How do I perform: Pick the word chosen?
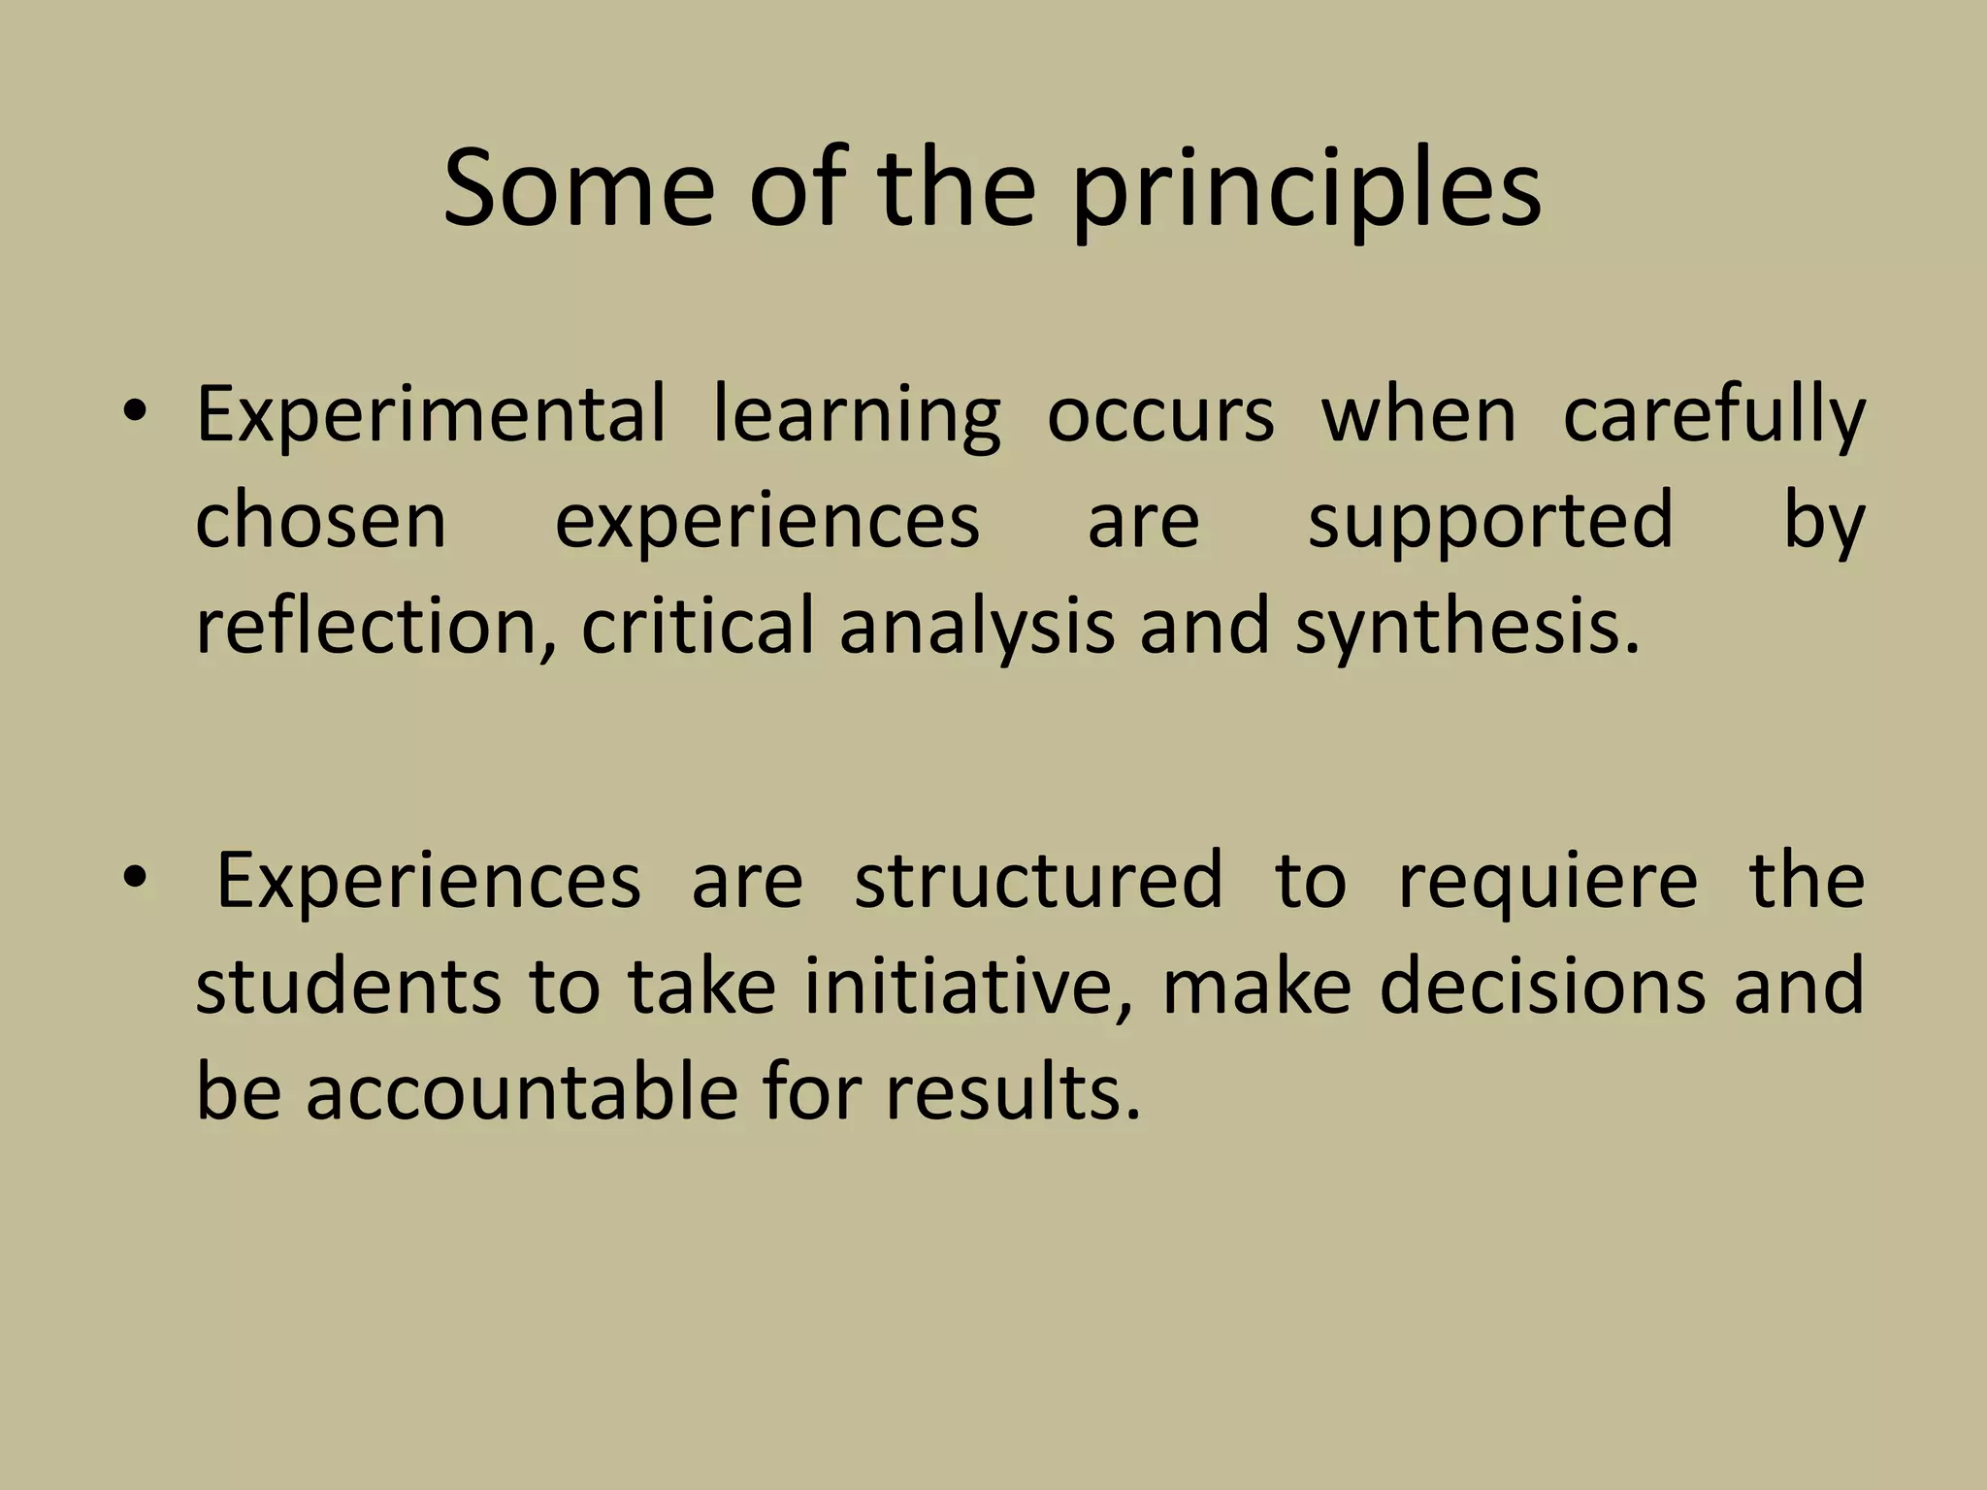(x=321, y=521)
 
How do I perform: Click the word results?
(x=1012, y=1090)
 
